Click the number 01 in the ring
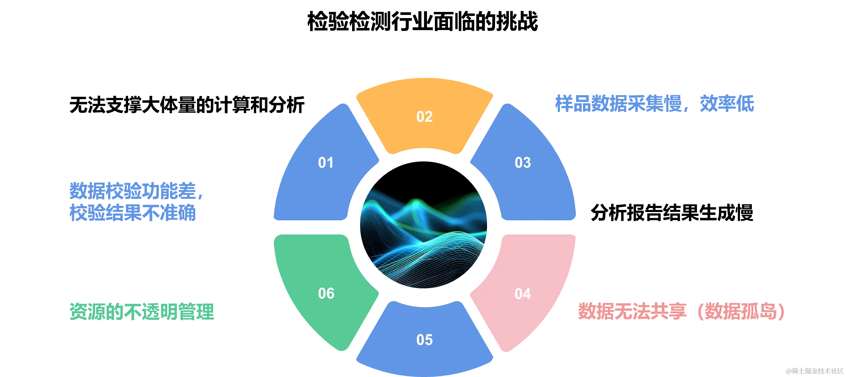326,163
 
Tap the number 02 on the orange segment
424,117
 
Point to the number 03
523,163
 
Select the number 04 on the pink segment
523,293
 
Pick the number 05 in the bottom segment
424,340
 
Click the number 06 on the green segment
326,293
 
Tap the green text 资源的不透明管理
141,311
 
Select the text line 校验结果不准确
133,212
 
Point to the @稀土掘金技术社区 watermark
814,370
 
